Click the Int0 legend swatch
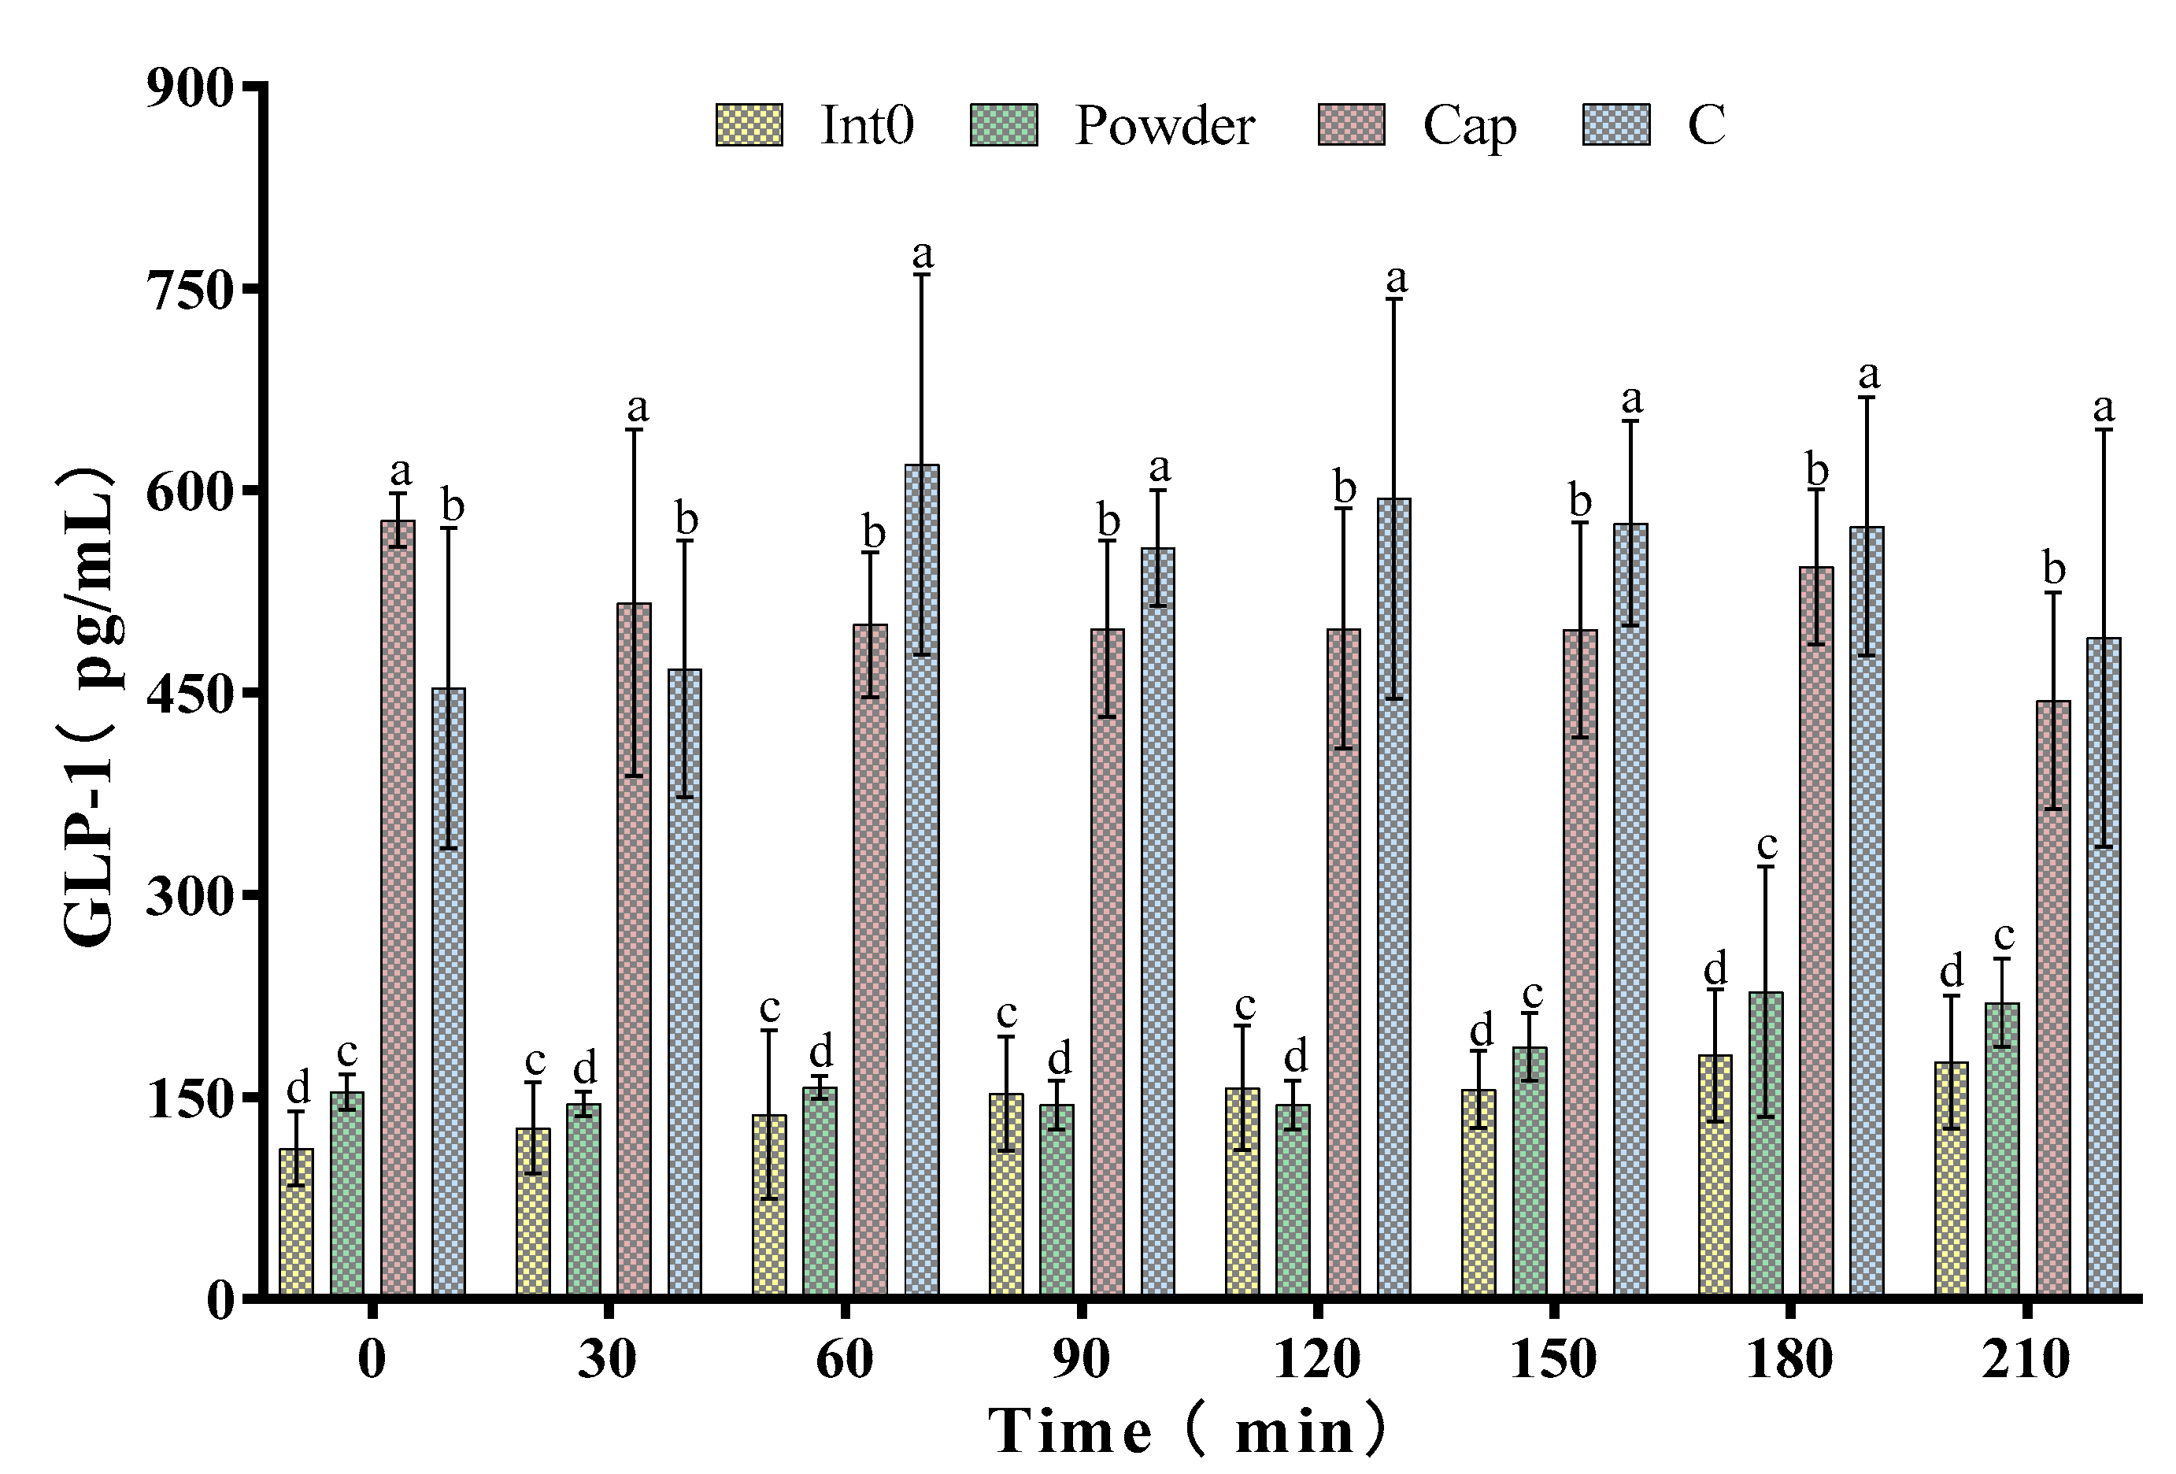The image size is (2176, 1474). [749, 125]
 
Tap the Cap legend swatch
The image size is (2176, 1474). [1351, 125]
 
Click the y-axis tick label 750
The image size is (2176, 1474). [189, 290]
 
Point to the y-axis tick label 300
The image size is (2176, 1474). [189, 897]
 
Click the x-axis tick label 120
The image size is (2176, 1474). [1316, 1359]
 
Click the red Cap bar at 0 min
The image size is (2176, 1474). [398, 909]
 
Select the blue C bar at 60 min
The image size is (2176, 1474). [921, 880]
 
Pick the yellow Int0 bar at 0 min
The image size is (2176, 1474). [297, 1222]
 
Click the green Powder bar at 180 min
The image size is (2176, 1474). [1766, 1144]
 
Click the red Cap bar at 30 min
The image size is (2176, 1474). [634, 950]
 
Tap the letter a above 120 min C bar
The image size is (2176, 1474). [1396, 278]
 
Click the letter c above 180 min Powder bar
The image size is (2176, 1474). [1767, 846]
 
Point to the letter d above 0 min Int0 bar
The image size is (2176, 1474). [298, 1088]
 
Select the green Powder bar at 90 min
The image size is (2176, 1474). [1057, 1201]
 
